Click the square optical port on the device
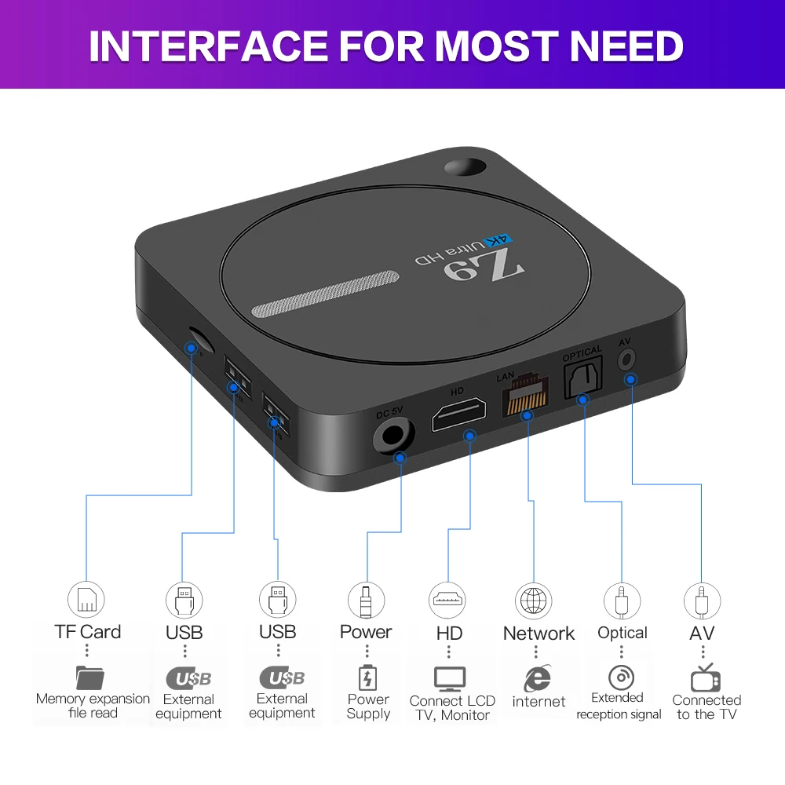point(582,378)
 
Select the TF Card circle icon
point(86,600)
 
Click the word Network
point(539,633)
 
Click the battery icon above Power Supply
point(367,677)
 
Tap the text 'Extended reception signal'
point(619,706)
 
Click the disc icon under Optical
point(621,677)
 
